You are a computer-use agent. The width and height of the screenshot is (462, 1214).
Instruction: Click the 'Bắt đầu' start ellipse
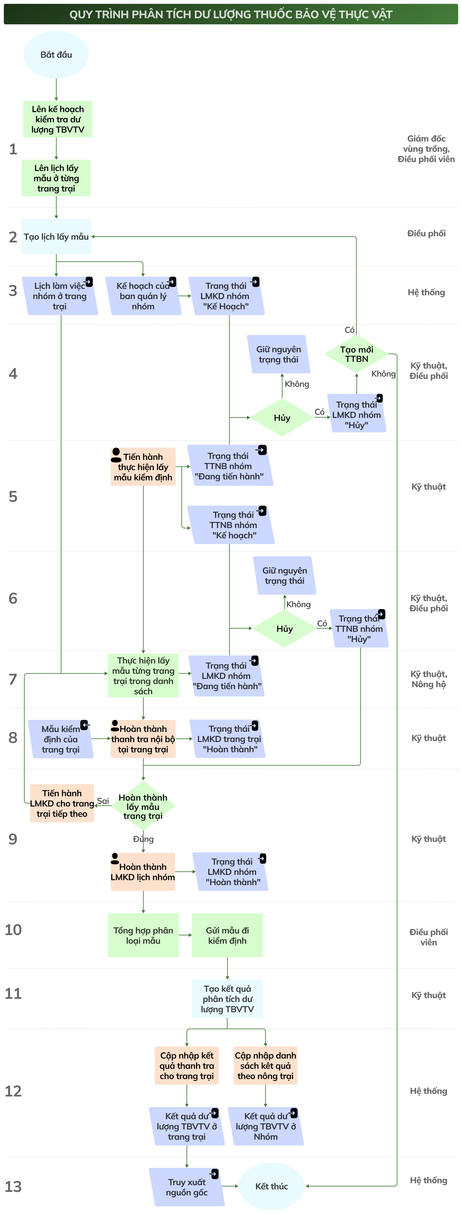56,55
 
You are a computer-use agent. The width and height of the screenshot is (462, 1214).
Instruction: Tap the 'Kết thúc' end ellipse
271,1186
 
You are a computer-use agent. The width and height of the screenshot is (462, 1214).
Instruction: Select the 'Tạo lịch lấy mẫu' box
56,237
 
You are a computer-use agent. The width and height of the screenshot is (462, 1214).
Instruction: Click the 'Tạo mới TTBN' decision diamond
356,354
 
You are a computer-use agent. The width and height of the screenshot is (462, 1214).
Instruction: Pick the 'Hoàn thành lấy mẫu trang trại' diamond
143,806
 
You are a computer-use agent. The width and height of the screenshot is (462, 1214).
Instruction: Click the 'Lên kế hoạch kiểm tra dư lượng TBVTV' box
58,119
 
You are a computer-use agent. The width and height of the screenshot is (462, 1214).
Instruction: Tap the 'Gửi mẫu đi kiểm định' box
227,935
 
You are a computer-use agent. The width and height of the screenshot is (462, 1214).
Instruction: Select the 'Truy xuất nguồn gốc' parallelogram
187,1187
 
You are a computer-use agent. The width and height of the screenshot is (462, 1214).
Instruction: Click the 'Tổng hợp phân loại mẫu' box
143,935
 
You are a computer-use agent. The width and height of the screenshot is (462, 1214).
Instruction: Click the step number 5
13,496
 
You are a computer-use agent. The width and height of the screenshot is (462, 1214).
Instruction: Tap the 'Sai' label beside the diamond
103,801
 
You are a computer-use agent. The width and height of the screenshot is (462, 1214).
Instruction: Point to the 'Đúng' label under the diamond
143,839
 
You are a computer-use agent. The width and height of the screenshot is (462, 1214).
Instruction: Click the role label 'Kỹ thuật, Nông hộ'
428,679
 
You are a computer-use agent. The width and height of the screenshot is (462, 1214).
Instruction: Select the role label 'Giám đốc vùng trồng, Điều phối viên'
426,149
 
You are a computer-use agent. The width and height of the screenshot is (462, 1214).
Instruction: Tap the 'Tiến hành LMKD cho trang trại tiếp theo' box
62,803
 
